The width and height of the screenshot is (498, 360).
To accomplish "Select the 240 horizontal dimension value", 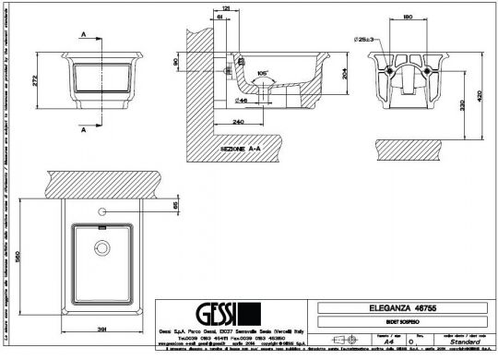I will tap(239, 121).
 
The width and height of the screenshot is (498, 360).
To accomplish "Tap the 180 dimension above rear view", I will tap(408, 17).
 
